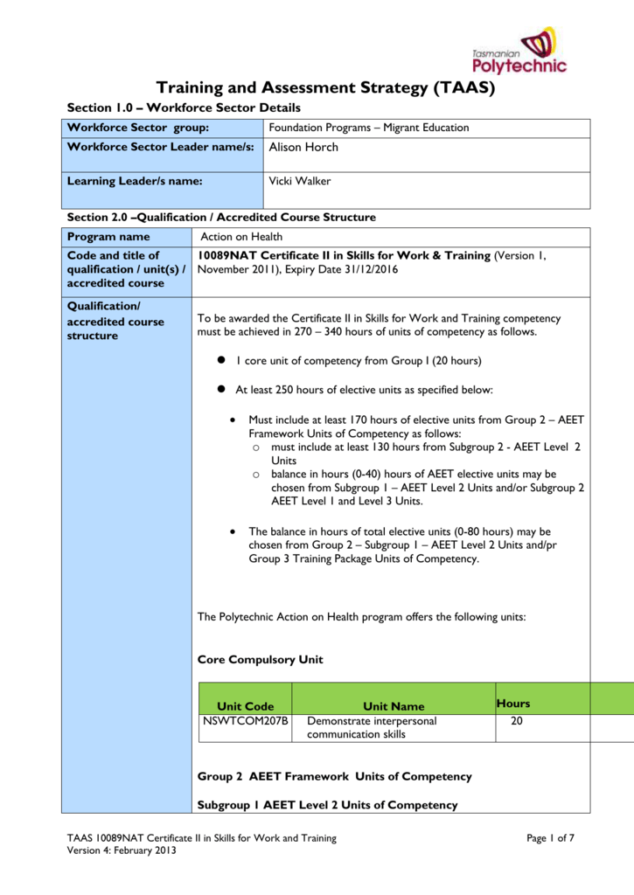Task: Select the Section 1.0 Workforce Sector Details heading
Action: (184, 108)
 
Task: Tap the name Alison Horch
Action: (303, 147)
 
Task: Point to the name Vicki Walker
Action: (300, 181)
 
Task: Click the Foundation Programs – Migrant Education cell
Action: (368, 128)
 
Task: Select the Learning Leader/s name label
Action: (136, 181)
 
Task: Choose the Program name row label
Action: (109, 237)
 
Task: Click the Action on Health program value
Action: (241, 237)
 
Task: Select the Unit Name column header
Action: (394, 706)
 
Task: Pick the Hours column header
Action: (512, 703)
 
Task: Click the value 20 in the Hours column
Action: (516, 721)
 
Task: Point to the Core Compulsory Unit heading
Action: (261, 659)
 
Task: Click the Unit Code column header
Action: (245, 706)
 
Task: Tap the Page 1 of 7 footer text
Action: (550, 839)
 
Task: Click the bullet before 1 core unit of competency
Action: (222, 360)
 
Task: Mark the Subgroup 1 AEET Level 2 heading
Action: (327, 804)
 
